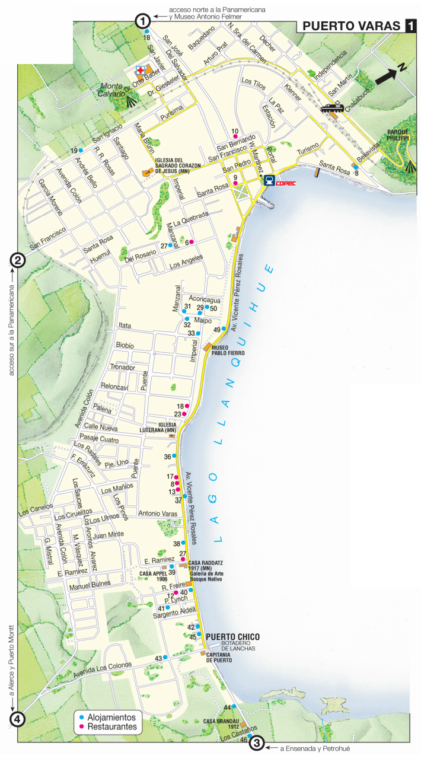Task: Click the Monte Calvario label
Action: [x=112, y=89]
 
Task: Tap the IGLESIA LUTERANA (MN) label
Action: [x=167, y=427]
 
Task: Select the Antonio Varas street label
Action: [x=158, y=513]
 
